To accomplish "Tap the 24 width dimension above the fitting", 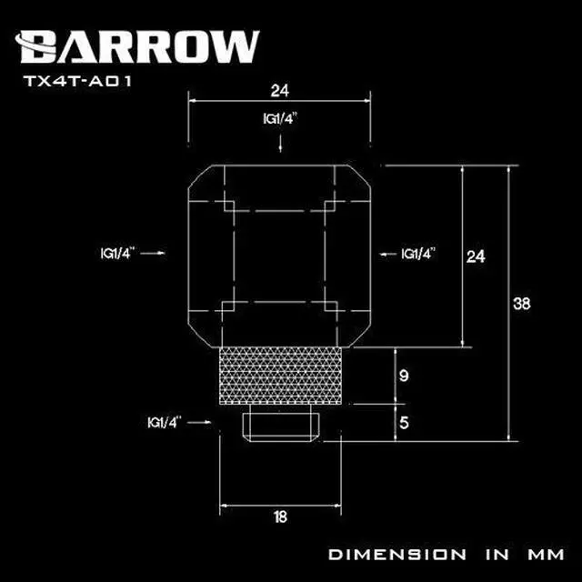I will click(x=281, y=90).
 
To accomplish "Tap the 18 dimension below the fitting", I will click(x=281, y=517).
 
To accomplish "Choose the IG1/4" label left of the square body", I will click(x=118, y=254).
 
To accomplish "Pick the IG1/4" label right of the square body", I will click(x=419, y=254).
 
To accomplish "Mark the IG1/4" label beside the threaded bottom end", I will click(x=164, y=422).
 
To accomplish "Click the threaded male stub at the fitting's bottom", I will click(x=281, y=422).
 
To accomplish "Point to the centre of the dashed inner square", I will click(x=281, y=256).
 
